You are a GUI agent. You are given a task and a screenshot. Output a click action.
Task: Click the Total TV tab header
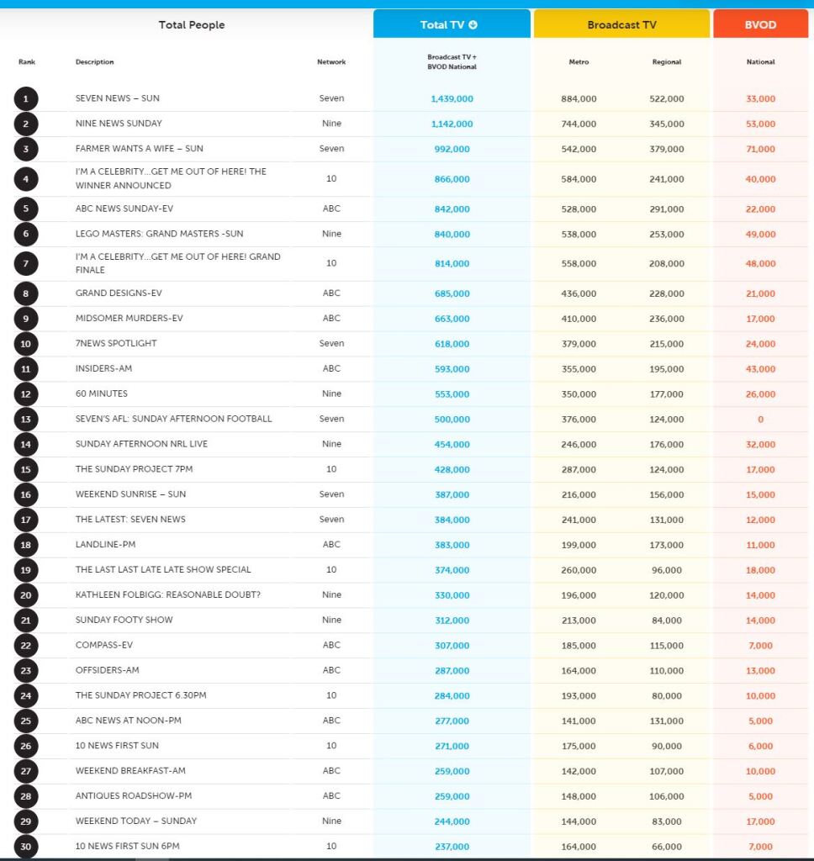tap(452, 24)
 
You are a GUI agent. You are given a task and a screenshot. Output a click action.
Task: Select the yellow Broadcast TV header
tap(621, 24)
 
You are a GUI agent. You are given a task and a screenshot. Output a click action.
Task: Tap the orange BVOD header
tap(760, 24)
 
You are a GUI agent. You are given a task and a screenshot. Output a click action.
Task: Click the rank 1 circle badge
tap(26, 98)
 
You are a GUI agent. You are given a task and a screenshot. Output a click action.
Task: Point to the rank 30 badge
tap(26, 846)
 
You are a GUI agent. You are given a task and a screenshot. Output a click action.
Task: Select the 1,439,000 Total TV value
tap(452, 98)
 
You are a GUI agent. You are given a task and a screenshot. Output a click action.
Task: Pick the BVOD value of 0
tap(760, 419)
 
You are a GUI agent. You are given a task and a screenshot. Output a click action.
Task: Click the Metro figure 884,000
tap(579, 98)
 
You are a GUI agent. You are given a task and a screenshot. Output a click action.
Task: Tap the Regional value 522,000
tap(666, 98)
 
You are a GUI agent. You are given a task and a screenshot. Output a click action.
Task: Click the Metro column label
tap(579, 61)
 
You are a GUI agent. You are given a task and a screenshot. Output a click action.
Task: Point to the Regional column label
tap(666, 61)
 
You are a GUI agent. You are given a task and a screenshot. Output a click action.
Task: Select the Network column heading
tap(331, 61)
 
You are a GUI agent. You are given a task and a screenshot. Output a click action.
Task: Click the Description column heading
tap(94, 61)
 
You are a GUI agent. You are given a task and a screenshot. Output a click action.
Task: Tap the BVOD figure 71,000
tap(760, 149)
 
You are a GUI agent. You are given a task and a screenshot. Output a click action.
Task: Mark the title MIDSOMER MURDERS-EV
tap(129, 319)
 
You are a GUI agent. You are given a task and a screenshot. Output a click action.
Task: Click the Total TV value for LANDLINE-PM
tap(452, 545)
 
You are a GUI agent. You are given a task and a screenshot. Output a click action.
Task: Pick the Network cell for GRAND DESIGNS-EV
tap(331, 293)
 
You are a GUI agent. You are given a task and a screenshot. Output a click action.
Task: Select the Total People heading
tap(192, 24)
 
